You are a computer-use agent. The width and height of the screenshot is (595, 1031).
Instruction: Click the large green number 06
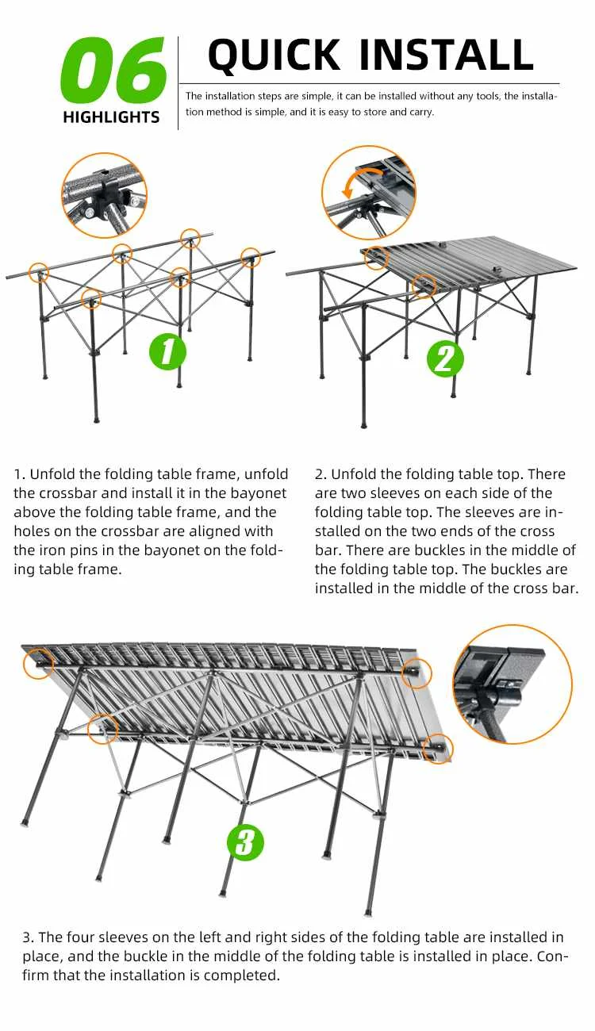[x=113, y=70]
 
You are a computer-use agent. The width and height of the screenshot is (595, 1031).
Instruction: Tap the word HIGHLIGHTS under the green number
[x=111, y=117]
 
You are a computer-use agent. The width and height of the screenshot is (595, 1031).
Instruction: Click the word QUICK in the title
[x=274, y=55]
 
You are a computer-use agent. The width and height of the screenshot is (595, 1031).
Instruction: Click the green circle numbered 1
[x=167, y=351]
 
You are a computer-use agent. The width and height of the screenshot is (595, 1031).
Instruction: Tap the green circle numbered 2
[x=445, y=359]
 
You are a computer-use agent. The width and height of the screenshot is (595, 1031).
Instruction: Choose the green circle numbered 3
[x=245, y=843]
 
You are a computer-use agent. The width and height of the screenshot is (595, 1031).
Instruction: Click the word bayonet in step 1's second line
[x=259, y=493]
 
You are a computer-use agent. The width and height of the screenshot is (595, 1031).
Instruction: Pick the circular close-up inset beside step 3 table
[x=512, y=684]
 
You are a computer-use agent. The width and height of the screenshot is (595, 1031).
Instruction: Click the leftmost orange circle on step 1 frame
[x=39, y=273]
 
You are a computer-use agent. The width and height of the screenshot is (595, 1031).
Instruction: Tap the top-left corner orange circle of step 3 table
[x=39, y=664]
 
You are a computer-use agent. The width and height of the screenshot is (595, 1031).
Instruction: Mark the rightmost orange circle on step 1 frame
[x=250, y=258]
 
